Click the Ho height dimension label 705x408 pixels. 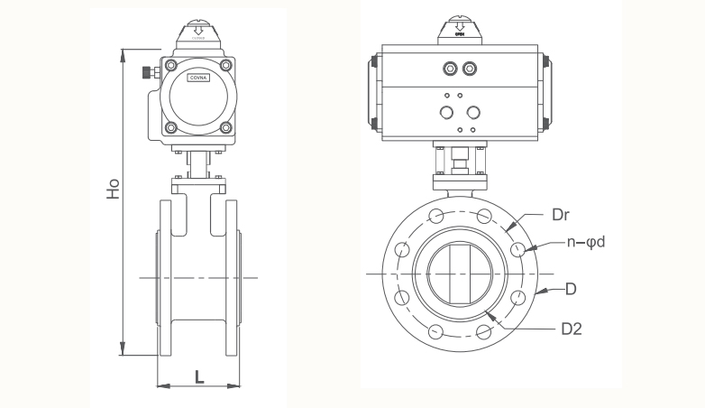click(113, 192)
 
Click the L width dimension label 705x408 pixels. click(199, 376)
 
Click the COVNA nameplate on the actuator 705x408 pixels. click(197, 79)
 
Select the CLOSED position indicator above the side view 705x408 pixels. click(197, 34)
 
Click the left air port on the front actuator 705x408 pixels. click(449, 69)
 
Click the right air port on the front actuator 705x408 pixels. click(469, 69)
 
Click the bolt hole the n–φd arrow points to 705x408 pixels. click(517, 249)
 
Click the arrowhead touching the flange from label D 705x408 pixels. click(538, 292)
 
